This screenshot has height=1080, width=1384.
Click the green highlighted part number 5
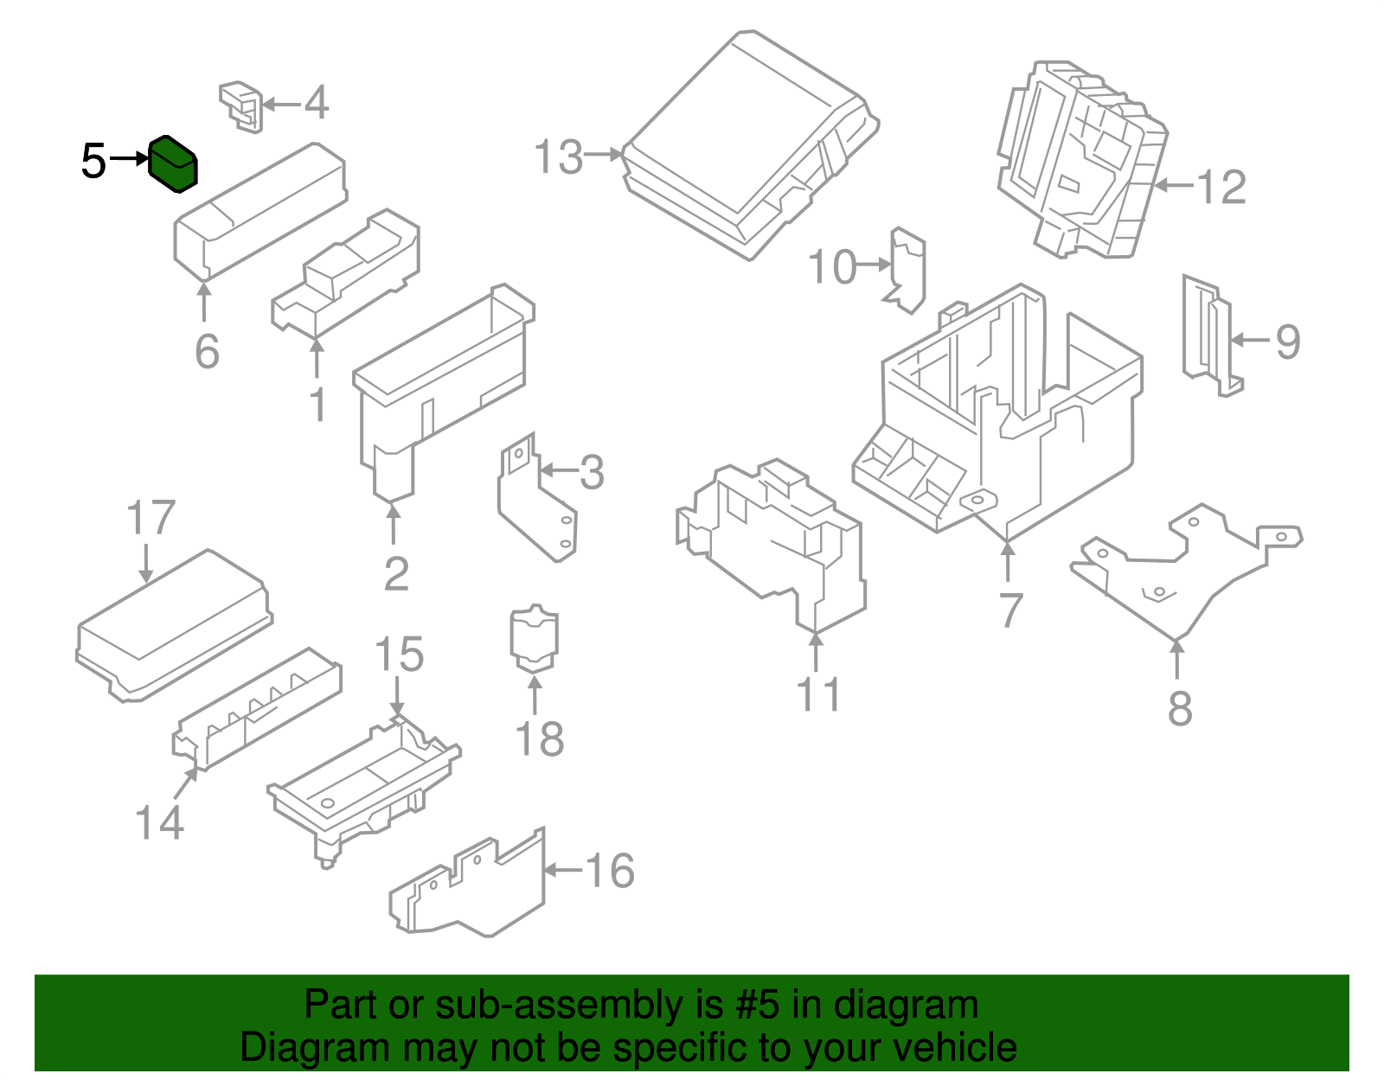tap(173, 164)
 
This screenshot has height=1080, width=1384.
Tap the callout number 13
tap(558, 157)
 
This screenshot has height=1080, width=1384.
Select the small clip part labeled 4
tap(241, 105)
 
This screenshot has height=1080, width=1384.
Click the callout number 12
tap(1221, 187)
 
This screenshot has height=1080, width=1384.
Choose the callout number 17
tap(151, 518)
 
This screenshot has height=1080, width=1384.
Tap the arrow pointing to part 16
tap(562, 870)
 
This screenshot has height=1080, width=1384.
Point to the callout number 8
tap(1180, 708)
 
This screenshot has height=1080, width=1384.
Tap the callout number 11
tap(817, 694)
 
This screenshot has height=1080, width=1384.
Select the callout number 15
tap(399, 655)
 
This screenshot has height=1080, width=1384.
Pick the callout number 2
tap(396, 573)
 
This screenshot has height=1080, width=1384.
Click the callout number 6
tap(207, 351)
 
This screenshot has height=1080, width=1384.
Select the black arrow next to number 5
tap(130, 159)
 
